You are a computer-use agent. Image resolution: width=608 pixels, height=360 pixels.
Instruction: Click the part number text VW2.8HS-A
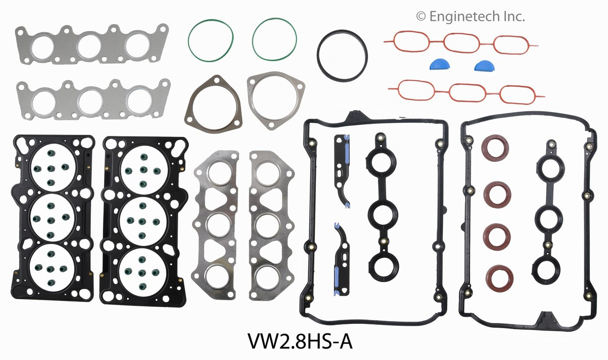[300, 341]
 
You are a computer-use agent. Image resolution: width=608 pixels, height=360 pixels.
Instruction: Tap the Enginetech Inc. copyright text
[470, 17]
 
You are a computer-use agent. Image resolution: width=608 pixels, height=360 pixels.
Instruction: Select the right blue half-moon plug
[484, 65]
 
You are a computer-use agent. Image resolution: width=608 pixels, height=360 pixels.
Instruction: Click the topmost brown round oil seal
[495, 147]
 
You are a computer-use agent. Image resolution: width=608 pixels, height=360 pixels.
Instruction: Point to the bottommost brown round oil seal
[498, 278]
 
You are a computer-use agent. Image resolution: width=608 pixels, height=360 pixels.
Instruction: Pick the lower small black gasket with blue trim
[342, 259]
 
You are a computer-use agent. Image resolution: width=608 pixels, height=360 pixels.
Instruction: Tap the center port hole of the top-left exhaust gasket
[89, 46]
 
